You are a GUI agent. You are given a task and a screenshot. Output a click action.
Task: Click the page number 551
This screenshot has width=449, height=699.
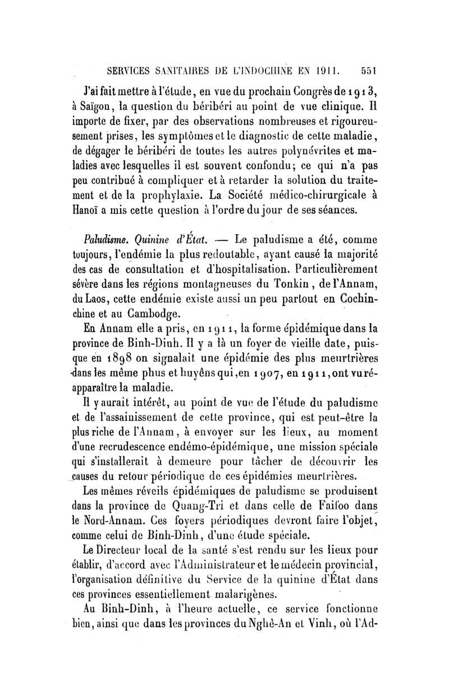click(369, 71)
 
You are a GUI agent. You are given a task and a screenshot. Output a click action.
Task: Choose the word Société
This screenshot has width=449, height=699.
click(272, 195)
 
